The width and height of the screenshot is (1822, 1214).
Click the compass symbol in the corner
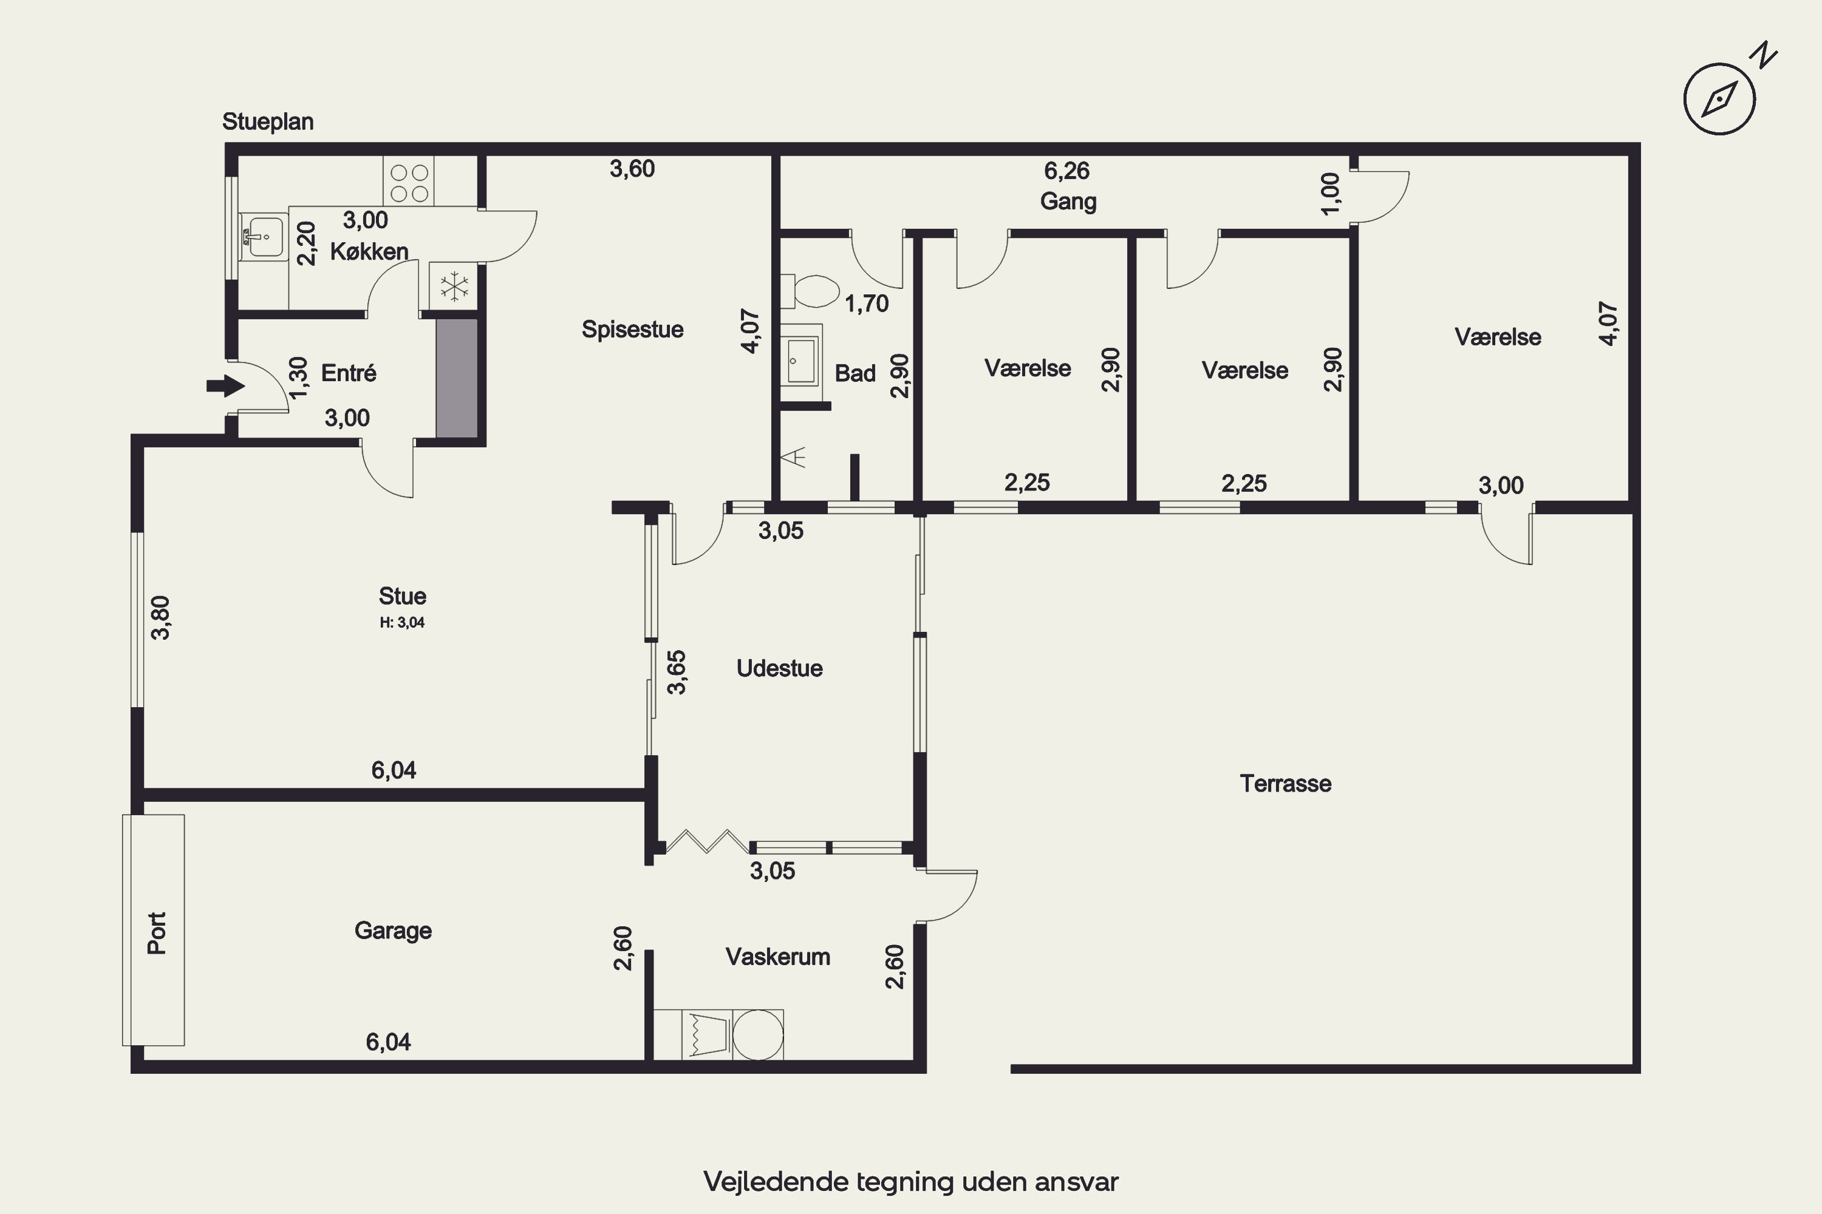pos(1720,99)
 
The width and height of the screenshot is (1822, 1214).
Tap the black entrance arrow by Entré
pos(225,385)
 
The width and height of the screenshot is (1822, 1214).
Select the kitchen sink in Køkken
pos(264,237)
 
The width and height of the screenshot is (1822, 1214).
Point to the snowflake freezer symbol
pos(455,287)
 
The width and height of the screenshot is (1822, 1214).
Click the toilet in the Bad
pos(810,292)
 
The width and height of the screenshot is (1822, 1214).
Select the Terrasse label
pos(1285,784)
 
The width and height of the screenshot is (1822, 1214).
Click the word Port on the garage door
pos(157,933)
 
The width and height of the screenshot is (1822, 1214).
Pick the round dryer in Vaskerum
pos(757,1034)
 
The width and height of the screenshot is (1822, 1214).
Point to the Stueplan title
pos(268,121)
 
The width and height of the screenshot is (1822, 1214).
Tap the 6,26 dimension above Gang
pos(1066,171)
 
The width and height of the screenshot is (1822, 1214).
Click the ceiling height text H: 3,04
pos(402,623)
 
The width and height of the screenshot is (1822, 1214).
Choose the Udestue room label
pos(779,668)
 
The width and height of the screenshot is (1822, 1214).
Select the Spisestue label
pos(632,329)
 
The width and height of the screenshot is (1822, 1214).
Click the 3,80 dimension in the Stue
pos(160,618)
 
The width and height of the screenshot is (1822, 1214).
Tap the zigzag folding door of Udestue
pos(708,841)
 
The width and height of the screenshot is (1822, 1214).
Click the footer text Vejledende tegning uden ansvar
pos(911,1181)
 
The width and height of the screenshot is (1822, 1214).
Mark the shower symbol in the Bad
pos(794,458)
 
